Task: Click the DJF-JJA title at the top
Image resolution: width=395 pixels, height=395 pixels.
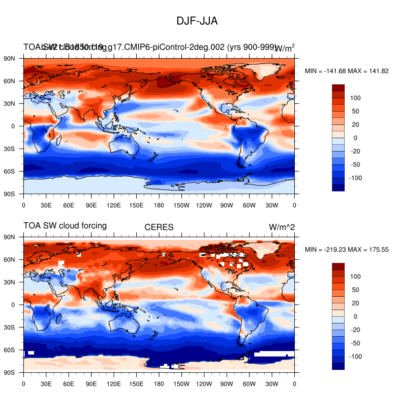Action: tap(197, 21)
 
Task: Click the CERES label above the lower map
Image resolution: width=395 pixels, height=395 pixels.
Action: tap(158, 227)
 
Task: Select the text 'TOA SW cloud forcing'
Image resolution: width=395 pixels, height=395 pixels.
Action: tap(65, 226)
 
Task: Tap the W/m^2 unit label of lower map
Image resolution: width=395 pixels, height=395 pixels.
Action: tap(281, 227)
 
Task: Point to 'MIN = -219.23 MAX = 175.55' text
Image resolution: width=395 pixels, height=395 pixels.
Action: tap(347, 250)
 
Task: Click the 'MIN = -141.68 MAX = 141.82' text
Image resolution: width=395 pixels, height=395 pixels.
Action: tap(347, 71)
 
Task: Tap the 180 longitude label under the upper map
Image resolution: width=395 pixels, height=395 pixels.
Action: tap(159, 204)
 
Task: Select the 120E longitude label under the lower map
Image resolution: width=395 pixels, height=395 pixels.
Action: tap(114, 383)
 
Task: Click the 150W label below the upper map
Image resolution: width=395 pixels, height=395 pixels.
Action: tap(182, 204)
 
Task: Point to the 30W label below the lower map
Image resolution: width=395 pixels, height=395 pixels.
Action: tap(272, 383)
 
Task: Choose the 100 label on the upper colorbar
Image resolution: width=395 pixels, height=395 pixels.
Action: tap(355, 98)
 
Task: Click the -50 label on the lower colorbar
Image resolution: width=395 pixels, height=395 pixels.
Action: tap(355, 343)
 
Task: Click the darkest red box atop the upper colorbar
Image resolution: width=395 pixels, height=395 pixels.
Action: tap(338, 88)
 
